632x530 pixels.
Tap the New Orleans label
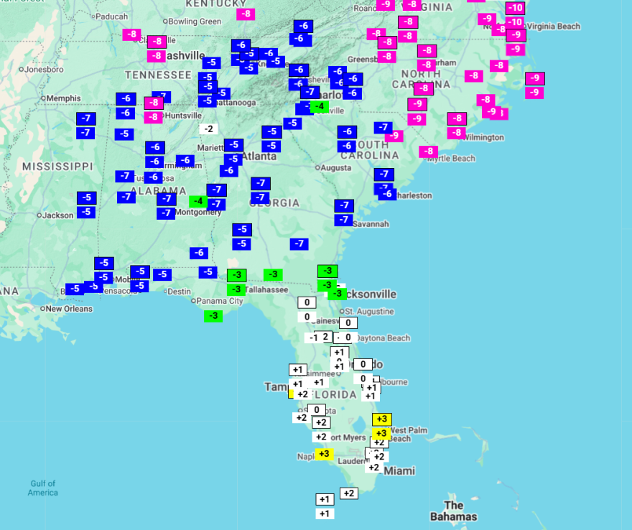(69, 309)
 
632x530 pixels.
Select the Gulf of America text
(43, 488)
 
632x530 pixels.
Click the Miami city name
(399, 471)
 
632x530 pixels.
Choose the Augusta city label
(336, 168)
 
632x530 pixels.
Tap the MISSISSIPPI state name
(57, 167)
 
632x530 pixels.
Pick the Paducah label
(111, 17)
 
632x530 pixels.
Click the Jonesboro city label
(45, 70)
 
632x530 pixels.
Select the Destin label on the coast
(179, 292)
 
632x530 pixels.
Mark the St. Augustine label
(369, 312)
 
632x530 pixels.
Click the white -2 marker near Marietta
(208, 129)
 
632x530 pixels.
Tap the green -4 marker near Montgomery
(198, 201)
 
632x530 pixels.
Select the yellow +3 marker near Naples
(324, 454)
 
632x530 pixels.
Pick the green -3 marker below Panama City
(213, 316)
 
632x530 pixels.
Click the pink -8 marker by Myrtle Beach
(429, 152)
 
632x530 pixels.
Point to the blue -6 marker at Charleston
(387, 194)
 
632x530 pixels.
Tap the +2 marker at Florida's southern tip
(348, 493)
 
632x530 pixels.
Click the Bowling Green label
(195, 22)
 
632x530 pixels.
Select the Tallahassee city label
(266, 290)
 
